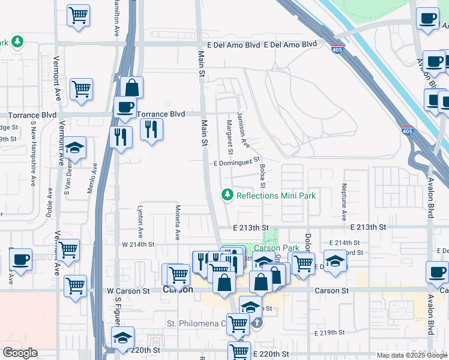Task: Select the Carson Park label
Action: pyautogui.click(x=276, y=248)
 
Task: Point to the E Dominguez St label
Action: pyautogui.click(x=237, y=163)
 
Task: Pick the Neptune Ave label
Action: pyautogui.click(x=345, y=201)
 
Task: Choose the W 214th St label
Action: pyautogui.click(x=139, y=245)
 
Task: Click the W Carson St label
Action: pyautogui.click(x=128, y=291)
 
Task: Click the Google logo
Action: pyautogui.click(x=20, y=353)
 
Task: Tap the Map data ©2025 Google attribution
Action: pyautogui.click(x=411, y=355)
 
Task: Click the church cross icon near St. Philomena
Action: pyautogui.click(x=256, y=323)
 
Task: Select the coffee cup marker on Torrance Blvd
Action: pyautogui.click(x=125, y=107)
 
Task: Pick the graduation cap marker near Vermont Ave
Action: pyautogui.click(x=75, y=147)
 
